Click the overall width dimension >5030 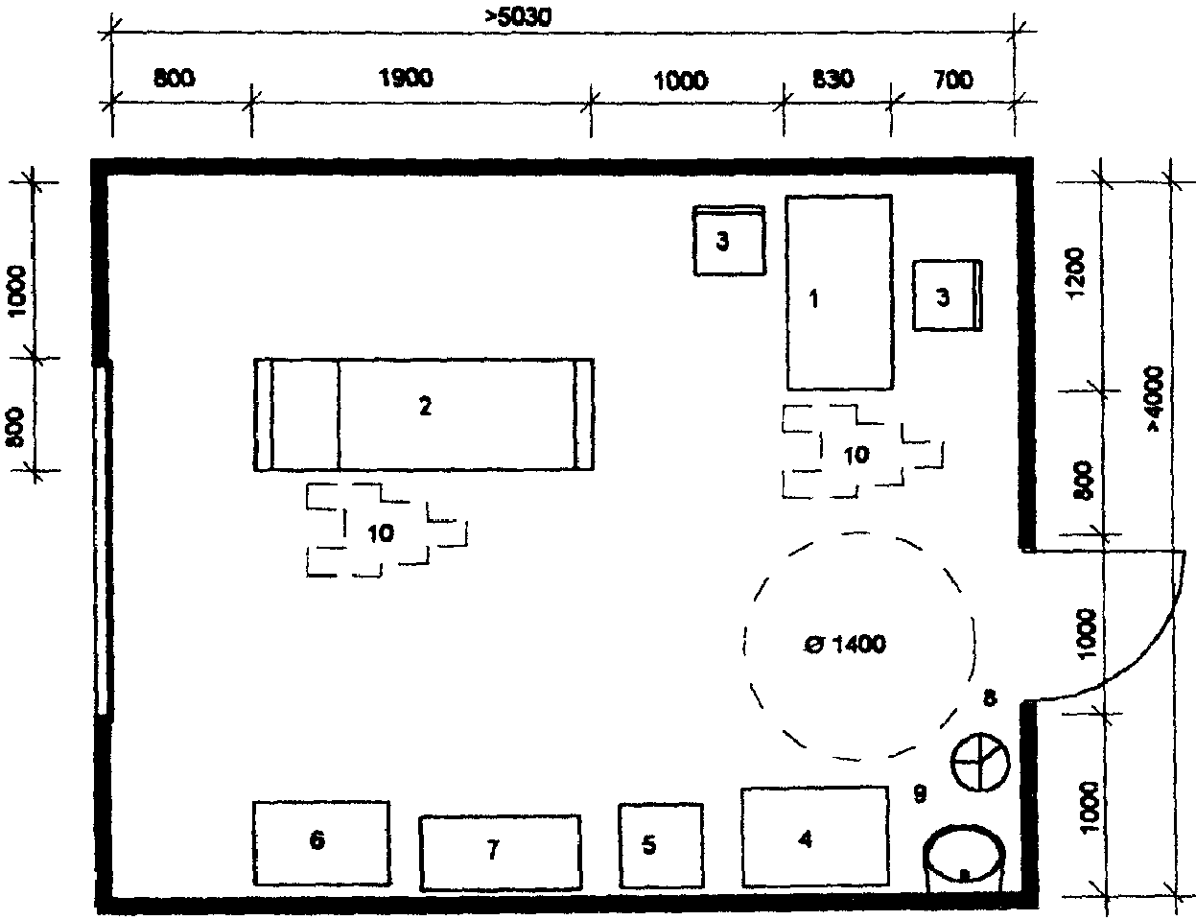[x=518, y=17]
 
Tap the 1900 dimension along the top [x=406, y=78]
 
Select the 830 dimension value [x=833, y=79]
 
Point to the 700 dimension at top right [x=953, y=80]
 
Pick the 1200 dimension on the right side [x=1074, y=273]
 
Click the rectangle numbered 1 [x=839, y=293]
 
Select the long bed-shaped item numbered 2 [x=424, y=414]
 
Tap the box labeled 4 [x=814, y=837]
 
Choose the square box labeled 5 [x=661, y=846]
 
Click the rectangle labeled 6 [x=321, y=843]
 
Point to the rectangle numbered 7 [x=500, y=852]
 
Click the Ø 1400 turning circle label [x=845, y=644]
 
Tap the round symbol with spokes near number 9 [x=980, y=763]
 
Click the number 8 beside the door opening [x=990, y=698]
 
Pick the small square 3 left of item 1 [x=729, y=241]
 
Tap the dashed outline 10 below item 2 [x=387, y=530]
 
